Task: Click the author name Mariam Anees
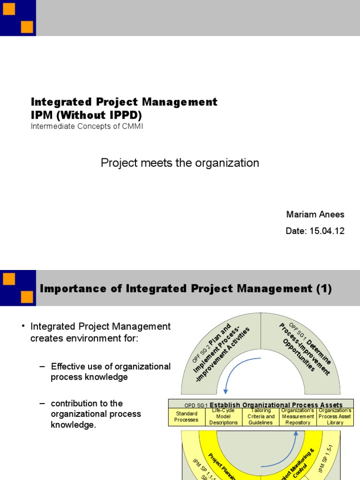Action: (x=315, y=215)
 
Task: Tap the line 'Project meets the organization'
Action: (x=180, y=163)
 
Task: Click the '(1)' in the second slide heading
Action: (x=323, y=289)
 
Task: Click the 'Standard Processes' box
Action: (x=186, y=417)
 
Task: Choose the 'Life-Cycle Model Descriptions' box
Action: (x=224, y=417)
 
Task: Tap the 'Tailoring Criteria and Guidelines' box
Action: (x=261, y=417)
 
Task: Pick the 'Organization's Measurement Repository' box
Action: (x=298, y=417)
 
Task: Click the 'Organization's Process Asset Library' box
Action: (x=335, y=417)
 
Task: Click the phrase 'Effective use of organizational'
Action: (x=111, y=366)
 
